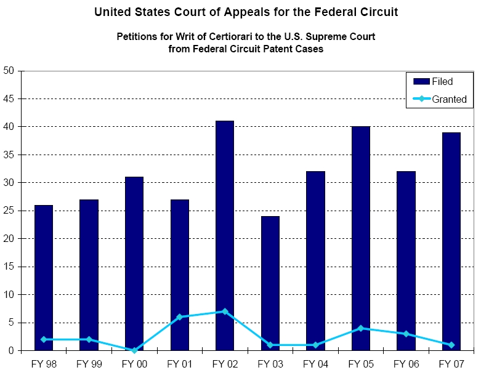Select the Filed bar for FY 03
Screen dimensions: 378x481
tap(270, 283)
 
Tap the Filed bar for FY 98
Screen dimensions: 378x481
tap(44, 278)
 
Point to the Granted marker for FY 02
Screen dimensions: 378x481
tap(225, 312)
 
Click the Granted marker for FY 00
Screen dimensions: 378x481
tap(134, 350)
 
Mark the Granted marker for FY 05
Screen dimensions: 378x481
tap(361, 328)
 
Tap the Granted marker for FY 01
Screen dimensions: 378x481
tap(180, 317)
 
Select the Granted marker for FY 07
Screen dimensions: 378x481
tap(451, 345)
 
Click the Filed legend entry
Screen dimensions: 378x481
tap(442, 81)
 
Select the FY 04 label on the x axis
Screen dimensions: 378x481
tap(315, 364)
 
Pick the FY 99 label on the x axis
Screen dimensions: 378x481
tap(89, 364)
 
